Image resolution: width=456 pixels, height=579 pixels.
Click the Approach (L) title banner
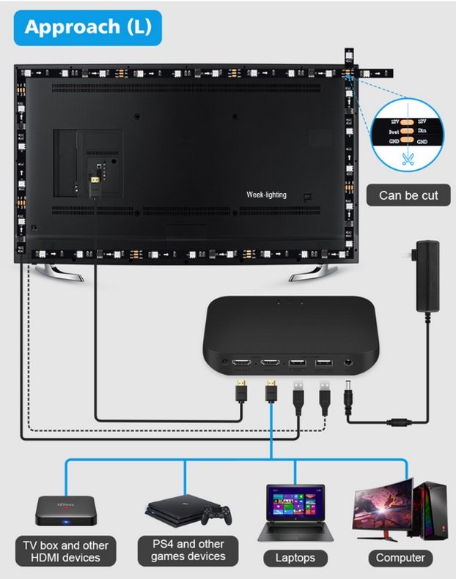87,27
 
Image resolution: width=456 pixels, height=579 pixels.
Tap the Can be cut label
408,195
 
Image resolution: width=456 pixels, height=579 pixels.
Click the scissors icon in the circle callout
405,156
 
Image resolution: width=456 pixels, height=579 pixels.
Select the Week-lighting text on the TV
266,195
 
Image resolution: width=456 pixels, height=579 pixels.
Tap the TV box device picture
66,509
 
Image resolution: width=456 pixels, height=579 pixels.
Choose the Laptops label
295,558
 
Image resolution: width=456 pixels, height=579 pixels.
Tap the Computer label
400,558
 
